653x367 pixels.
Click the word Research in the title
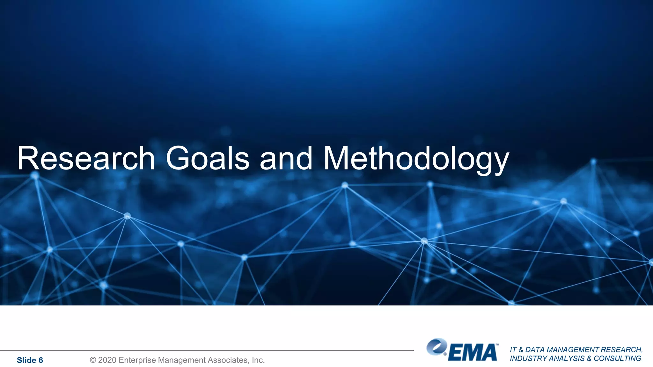(86, 158)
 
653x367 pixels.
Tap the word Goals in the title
(207, 158)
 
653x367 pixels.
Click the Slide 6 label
(30, 360)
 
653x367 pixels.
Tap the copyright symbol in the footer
(93, 360)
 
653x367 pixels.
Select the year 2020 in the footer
(107, 360)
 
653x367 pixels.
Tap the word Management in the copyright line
(182, 360)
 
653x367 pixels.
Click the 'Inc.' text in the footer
(258, 360)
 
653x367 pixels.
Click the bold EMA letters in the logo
(473, 353)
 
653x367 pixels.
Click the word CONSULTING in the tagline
(617, 358)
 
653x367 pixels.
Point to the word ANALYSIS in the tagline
(567, 358)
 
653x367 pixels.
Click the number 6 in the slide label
(41, 360)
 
